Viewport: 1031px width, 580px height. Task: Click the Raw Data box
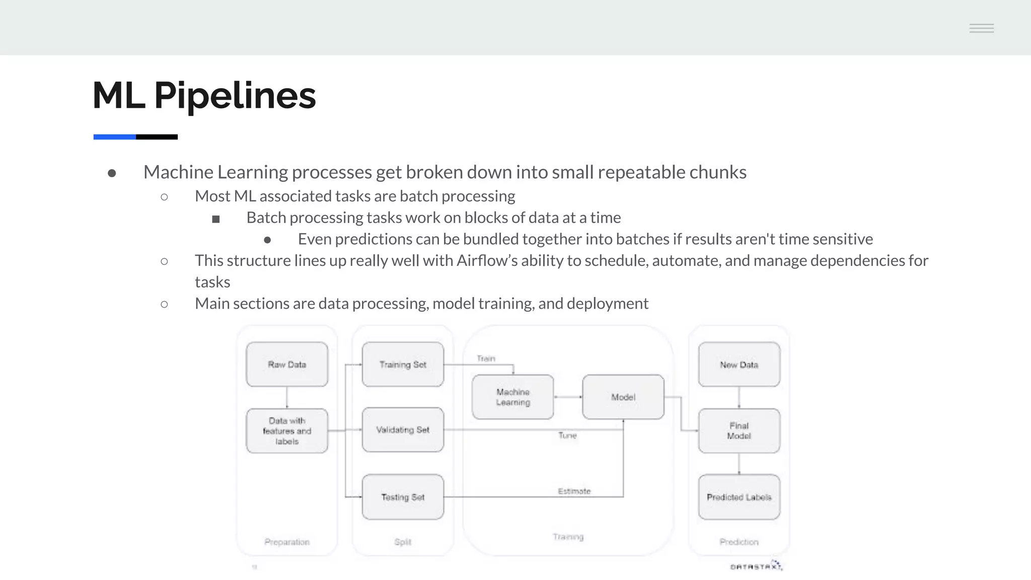287,365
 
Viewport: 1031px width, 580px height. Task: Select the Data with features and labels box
287,431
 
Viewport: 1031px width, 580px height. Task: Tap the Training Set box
403,365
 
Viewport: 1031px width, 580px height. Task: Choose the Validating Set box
403,430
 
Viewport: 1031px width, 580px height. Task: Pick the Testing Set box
403,497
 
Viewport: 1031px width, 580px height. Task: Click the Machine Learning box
513,397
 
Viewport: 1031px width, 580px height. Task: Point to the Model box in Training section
623,397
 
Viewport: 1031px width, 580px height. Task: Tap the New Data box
739,365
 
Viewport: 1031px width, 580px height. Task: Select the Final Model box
739,431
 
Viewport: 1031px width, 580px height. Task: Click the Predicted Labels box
739,497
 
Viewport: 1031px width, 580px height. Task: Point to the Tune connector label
567,436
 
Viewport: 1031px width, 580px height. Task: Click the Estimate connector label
574,491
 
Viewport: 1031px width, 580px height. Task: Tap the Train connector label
486,358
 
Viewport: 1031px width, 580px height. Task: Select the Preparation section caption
287,542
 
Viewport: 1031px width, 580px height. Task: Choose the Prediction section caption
739,542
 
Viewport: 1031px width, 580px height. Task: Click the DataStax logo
756,566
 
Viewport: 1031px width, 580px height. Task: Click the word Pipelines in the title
235,96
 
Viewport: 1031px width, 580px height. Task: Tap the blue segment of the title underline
114,137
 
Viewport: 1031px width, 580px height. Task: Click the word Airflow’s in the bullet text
486,261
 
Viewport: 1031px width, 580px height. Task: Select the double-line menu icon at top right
982,28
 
